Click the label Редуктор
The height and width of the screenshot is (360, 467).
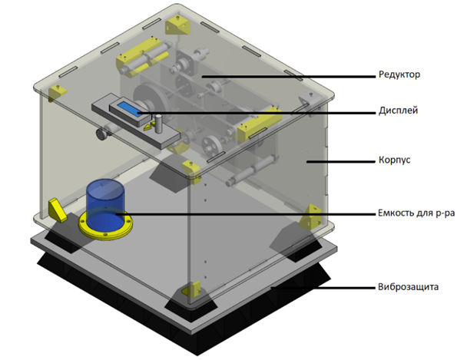[399, 74]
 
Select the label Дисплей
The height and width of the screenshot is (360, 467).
[398, 111]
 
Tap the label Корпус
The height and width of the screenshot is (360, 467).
[395, 160]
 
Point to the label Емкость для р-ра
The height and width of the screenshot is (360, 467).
[416, 213]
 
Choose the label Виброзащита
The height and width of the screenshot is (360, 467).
[409, 287]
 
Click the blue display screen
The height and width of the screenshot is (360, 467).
[130, 108]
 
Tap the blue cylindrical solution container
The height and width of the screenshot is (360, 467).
[104, 205]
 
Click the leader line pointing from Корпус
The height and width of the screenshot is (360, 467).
[341, 161]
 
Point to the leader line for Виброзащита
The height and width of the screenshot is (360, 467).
[323, 288]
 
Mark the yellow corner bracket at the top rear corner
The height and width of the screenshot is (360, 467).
[178, 25]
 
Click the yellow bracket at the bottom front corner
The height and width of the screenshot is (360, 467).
[191, 289]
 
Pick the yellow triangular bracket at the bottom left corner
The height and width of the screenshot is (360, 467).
[57, 210]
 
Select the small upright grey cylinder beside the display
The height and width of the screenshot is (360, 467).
[158, 124]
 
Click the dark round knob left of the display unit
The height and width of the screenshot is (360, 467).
[101, 134]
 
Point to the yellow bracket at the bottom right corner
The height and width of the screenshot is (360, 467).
[310, 217]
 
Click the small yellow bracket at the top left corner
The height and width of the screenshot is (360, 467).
[57, 91]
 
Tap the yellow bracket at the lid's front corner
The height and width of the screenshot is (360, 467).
[191, 172]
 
